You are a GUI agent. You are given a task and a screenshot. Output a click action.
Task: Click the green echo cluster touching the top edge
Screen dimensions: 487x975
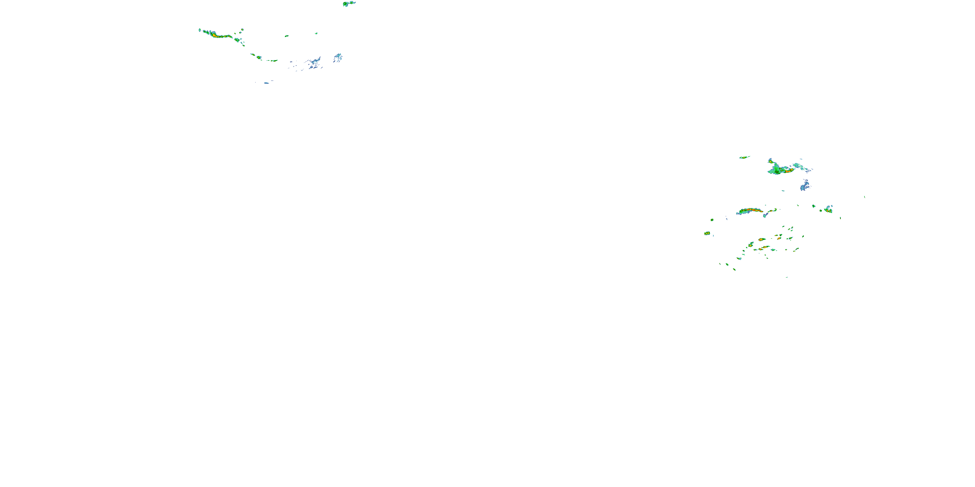(x=349, y=4)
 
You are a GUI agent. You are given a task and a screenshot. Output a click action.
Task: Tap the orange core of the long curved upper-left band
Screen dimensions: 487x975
(x=214, y=35)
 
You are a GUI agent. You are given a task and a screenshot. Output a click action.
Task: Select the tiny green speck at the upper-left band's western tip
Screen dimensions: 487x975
(x=200, y=30)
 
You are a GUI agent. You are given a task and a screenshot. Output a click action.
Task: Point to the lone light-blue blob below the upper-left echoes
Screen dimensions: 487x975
(x=266, y=83)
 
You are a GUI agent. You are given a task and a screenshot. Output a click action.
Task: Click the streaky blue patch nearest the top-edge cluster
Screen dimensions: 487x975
(x=338, y=57)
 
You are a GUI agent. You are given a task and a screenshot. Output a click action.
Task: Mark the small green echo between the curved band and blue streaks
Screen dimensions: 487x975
(x=287, y=36)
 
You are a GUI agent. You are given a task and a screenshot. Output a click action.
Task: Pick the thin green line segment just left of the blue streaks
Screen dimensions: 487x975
(x=272, y=60)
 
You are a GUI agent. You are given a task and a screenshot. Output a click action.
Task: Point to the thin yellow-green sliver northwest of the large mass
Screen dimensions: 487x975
(x=745, y=157)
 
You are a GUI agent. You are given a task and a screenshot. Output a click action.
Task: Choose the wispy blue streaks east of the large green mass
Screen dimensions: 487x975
(x=802, y=166)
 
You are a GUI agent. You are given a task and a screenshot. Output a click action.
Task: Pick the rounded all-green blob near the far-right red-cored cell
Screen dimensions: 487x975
(x=813, y=206)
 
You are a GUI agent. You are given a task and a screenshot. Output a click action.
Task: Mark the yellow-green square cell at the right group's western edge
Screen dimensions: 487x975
(x=707, y=233)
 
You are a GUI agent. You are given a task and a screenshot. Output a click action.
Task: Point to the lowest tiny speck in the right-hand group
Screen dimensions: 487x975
(x=787, y=277)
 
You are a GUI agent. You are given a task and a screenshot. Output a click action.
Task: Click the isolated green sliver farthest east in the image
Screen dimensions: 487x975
(x=864, y=197)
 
